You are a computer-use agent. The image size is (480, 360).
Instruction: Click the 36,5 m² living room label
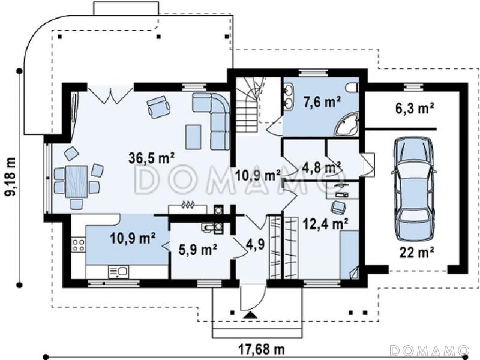click(152, 158)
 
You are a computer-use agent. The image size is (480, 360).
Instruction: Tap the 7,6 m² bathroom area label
click(322, 101)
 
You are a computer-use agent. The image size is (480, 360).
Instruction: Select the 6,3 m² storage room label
click(415, 109)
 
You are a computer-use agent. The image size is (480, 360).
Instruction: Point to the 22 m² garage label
click(416, 252)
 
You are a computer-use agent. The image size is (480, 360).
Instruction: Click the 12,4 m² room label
click(325, 223)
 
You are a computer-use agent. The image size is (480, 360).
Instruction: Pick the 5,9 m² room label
click(198, 250)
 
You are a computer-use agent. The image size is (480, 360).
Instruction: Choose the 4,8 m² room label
click(322, 167)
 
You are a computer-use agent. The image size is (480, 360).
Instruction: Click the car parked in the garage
click(414, 189)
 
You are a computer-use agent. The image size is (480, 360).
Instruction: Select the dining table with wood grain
click(76, 181)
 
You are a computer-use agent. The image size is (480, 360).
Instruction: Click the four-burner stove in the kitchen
click(79, 245)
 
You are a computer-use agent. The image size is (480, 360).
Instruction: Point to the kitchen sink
click(118, 272)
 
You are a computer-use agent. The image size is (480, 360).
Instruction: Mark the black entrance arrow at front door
click(251, 315)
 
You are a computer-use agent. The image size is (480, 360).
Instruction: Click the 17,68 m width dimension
click(262, 349)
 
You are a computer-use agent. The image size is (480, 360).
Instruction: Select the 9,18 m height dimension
click(11, 177)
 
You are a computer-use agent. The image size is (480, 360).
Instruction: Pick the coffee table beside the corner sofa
click(193, 137)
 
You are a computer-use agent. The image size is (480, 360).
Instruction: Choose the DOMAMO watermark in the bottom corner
click(430, 350)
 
